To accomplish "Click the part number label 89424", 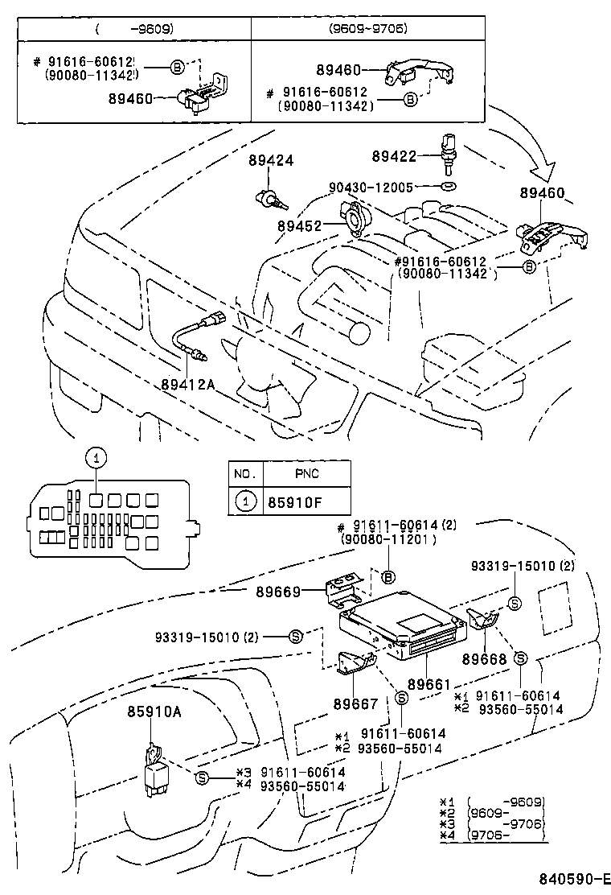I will coord(271,161).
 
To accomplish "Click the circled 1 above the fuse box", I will coord(95,458).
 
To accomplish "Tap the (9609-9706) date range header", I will coord(367,29).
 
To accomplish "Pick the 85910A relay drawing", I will coord(155,767).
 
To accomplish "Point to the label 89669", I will coord(279,592).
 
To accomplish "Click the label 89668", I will coord(484,659).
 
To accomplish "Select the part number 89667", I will coord(355,703).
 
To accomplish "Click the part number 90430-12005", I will coord(371,187).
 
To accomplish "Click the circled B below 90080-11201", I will coord(388,576).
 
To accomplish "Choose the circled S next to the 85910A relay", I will coord(202,777).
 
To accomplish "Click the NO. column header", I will coord(244,473).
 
